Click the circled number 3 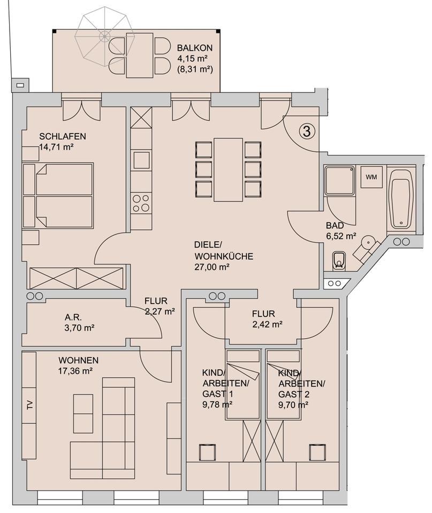(307, 131)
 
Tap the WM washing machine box (372, 177)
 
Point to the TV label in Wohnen (30, 406)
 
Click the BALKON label (195, 48)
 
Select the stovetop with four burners (141, 203)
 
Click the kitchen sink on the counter (142, 160)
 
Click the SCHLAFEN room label (63, 136)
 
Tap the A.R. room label (73, 317)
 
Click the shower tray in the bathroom (339, 181)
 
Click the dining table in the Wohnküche (228, 170)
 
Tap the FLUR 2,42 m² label (267, 320)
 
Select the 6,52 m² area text (341, 236)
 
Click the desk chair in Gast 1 (207, 453)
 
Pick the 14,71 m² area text (56, 146)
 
